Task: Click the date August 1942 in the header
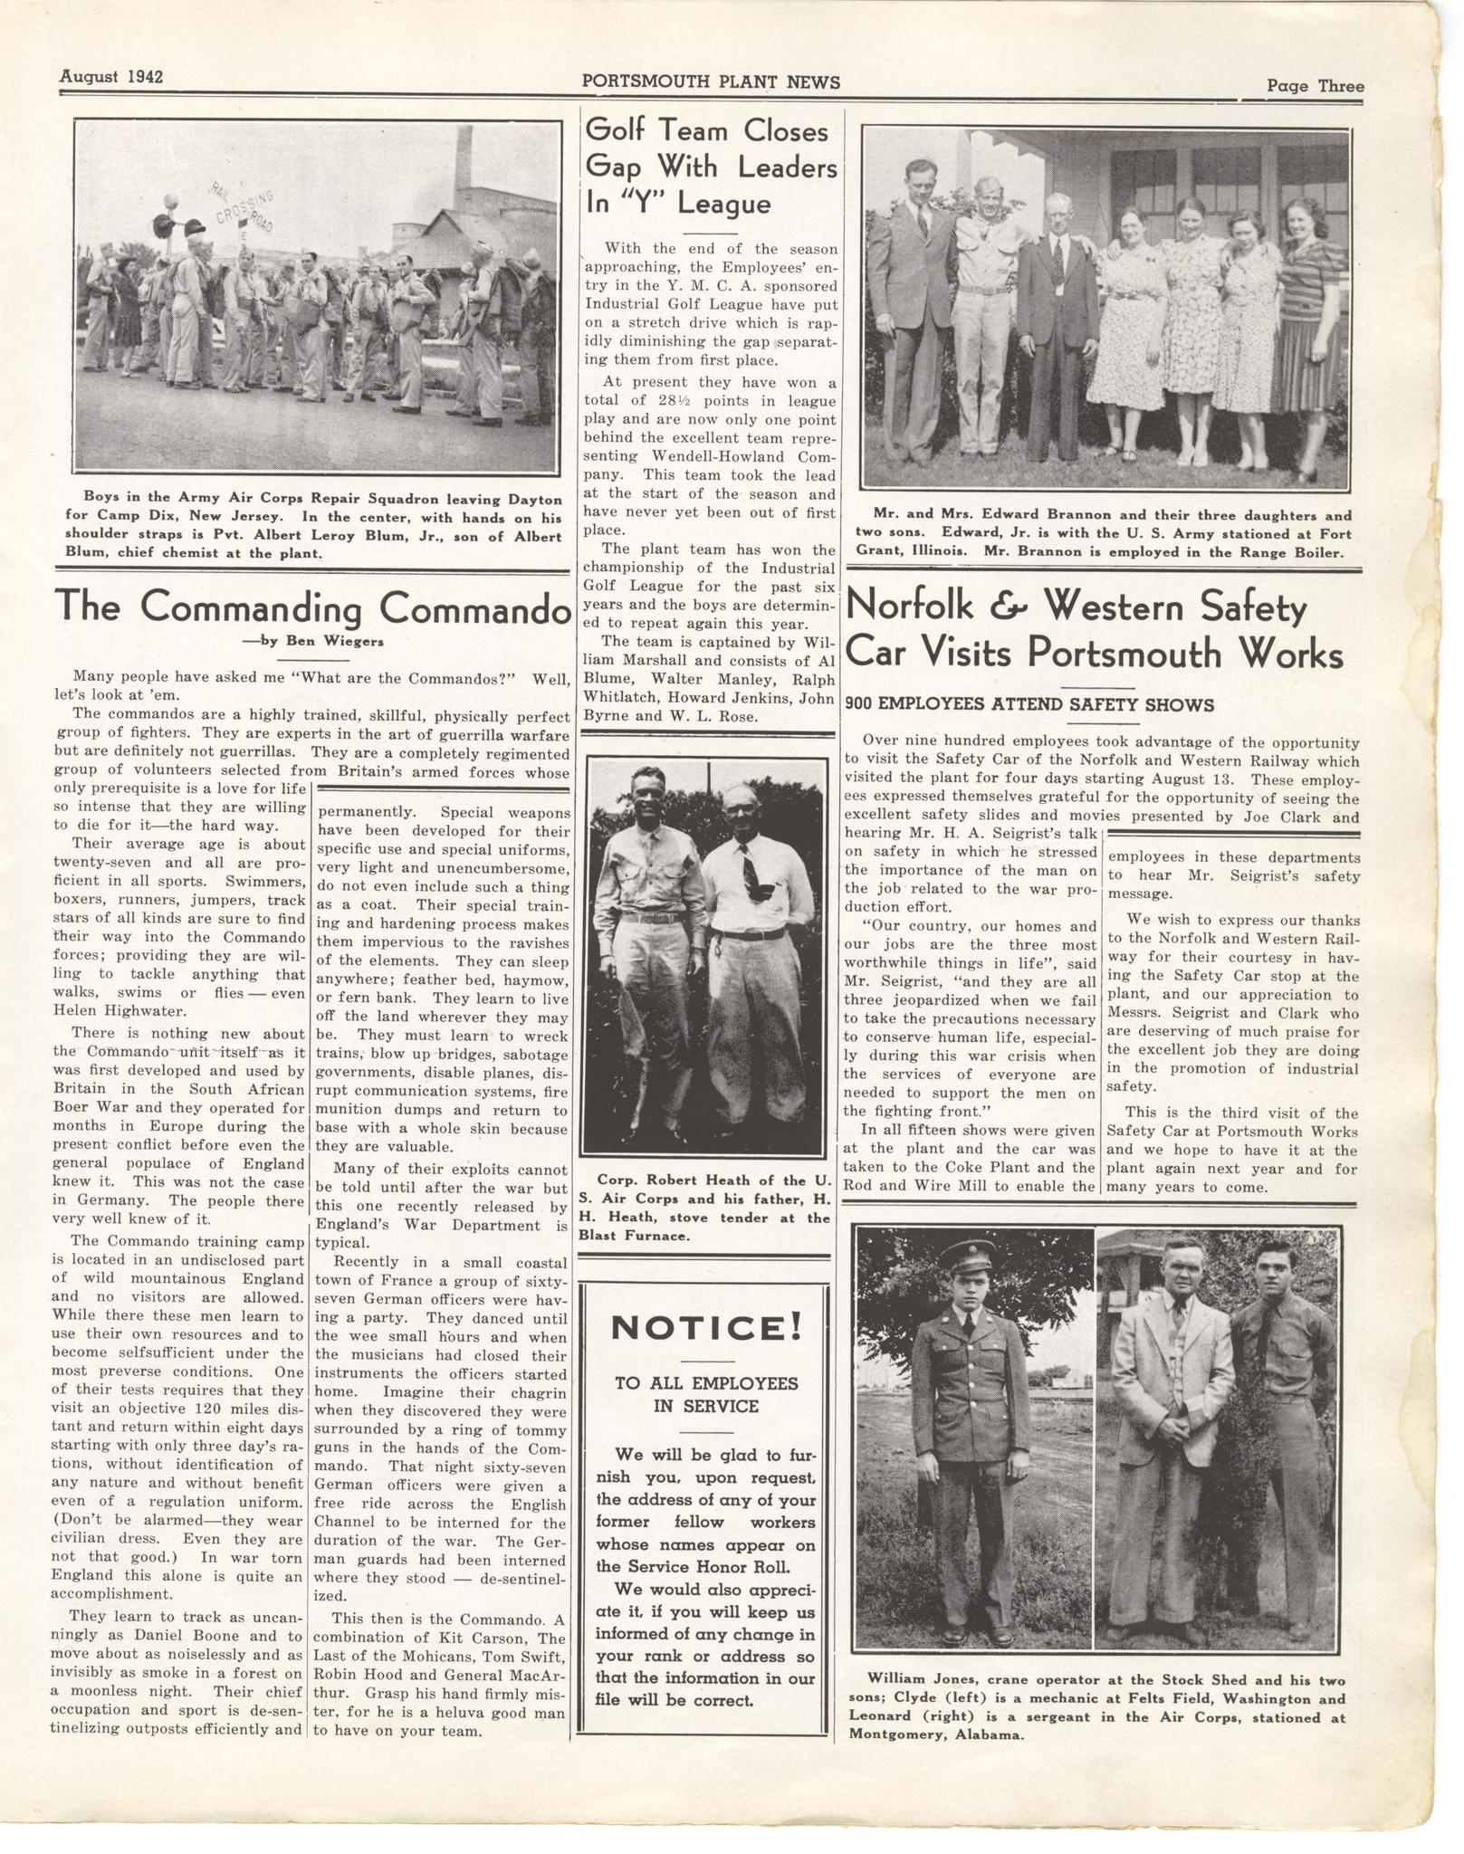click(x=110, y=77)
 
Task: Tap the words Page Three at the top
click(x=1315, y=86)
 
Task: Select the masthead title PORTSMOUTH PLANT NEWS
click(x=711, y=82)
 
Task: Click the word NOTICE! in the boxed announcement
click(x=706, y=1327)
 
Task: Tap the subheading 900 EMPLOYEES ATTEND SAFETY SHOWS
click(x=1029, y=704)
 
